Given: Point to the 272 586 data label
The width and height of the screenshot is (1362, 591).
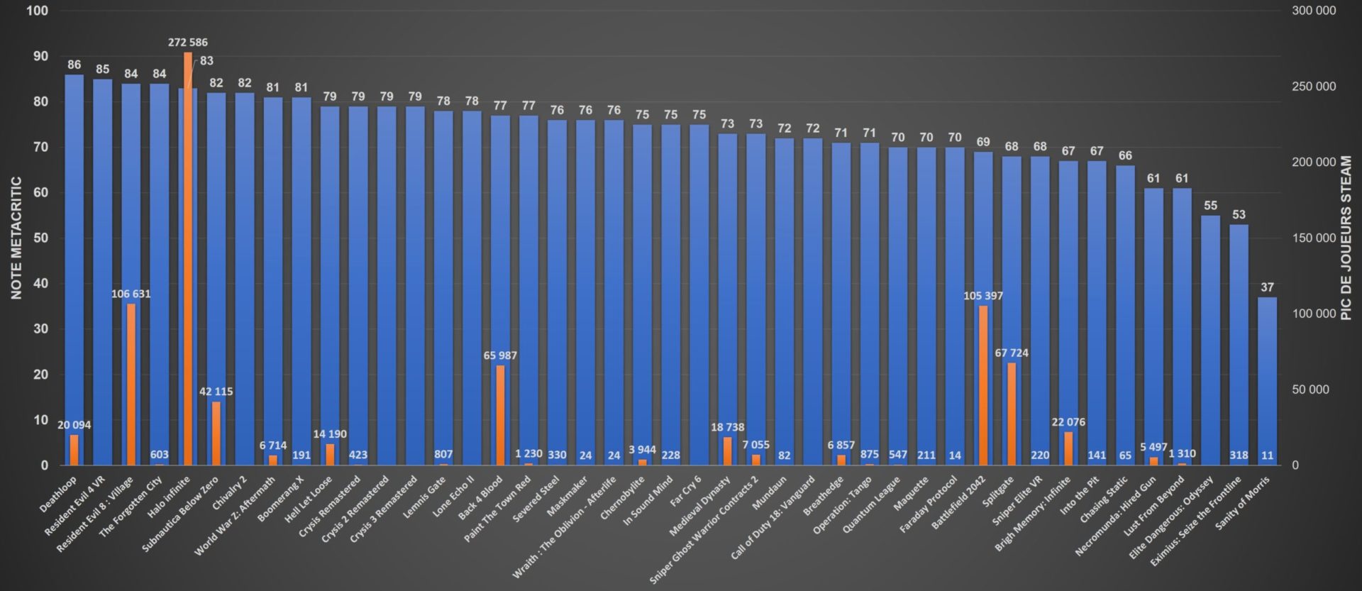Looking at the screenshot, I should click(188, 43).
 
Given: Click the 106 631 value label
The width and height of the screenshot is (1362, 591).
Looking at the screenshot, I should click(131, 294).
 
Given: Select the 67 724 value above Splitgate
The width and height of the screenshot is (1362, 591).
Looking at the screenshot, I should click(1012, 353).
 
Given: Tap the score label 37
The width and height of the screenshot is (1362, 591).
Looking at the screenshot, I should click(1267, 287).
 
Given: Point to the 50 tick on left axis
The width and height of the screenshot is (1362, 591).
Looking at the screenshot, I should click(40, 238).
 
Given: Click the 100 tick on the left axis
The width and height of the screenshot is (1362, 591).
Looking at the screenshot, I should click(38, 11).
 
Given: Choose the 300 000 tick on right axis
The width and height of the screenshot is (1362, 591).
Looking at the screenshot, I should click(1313, 11).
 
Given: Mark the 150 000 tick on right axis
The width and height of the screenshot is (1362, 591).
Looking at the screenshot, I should click(1313, 238).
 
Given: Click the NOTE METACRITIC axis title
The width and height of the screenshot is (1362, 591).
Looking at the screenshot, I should click(16, 238).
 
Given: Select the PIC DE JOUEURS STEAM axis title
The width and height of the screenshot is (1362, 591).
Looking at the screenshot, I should click(1346, 238).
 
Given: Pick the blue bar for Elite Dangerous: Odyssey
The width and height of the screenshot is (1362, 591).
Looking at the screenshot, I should click(1210, 341).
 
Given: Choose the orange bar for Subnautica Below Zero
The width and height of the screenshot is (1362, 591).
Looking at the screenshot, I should click(216, 433).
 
